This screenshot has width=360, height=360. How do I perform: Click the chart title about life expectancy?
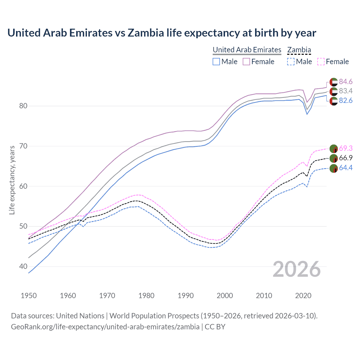[x=162, y=33]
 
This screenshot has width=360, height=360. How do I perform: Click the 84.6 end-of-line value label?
[x=345, y=82]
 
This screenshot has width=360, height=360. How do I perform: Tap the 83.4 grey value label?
[x=345, y=91]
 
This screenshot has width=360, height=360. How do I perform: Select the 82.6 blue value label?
[x=345, y=100]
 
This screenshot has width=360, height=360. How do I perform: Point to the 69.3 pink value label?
[x=345, y=148]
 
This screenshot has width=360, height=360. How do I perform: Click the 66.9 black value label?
[x=345, y=158]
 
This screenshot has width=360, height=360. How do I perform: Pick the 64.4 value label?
[x=345, y=168]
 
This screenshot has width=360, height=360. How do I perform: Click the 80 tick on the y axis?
[x=23, y=106]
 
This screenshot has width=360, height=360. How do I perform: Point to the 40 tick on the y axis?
[x=23, y=266]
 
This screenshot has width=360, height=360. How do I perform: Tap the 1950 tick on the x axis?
[x=29, y=296]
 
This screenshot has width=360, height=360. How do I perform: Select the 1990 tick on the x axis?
[x=186, y=296]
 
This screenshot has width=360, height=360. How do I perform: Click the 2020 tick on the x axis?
[x=303, y=296]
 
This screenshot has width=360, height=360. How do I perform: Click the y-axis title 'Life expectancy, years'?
[x=12, y=180]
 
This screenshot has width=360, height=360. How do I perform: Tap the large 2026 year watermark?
[x=296, y=269]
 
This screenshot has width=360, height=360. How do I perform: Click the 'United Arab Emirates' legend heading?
[x=247, y=50]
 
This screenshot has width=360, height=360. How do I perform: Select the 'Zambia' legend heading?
[x=299, y=50]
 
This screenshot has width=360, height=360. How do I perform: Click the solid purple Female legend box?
[x=246, y=62]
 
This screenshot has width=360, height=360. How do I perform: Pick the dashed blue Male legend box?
[x=291, y=62]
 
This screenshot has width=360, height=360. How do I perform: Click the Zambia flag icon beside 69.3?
[x=334, y=148]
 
